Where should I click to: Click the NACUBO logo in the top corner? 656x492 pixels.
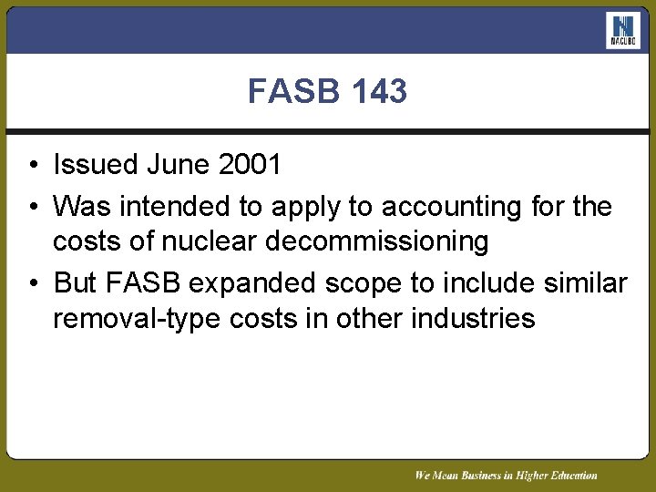(623, 31)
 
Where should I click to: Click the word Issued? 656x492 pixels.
(95, 165)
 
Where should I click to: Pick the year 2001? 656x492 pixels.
(250, 165)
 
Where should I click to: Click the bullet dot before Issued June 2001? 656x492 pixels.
(31, 166)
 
